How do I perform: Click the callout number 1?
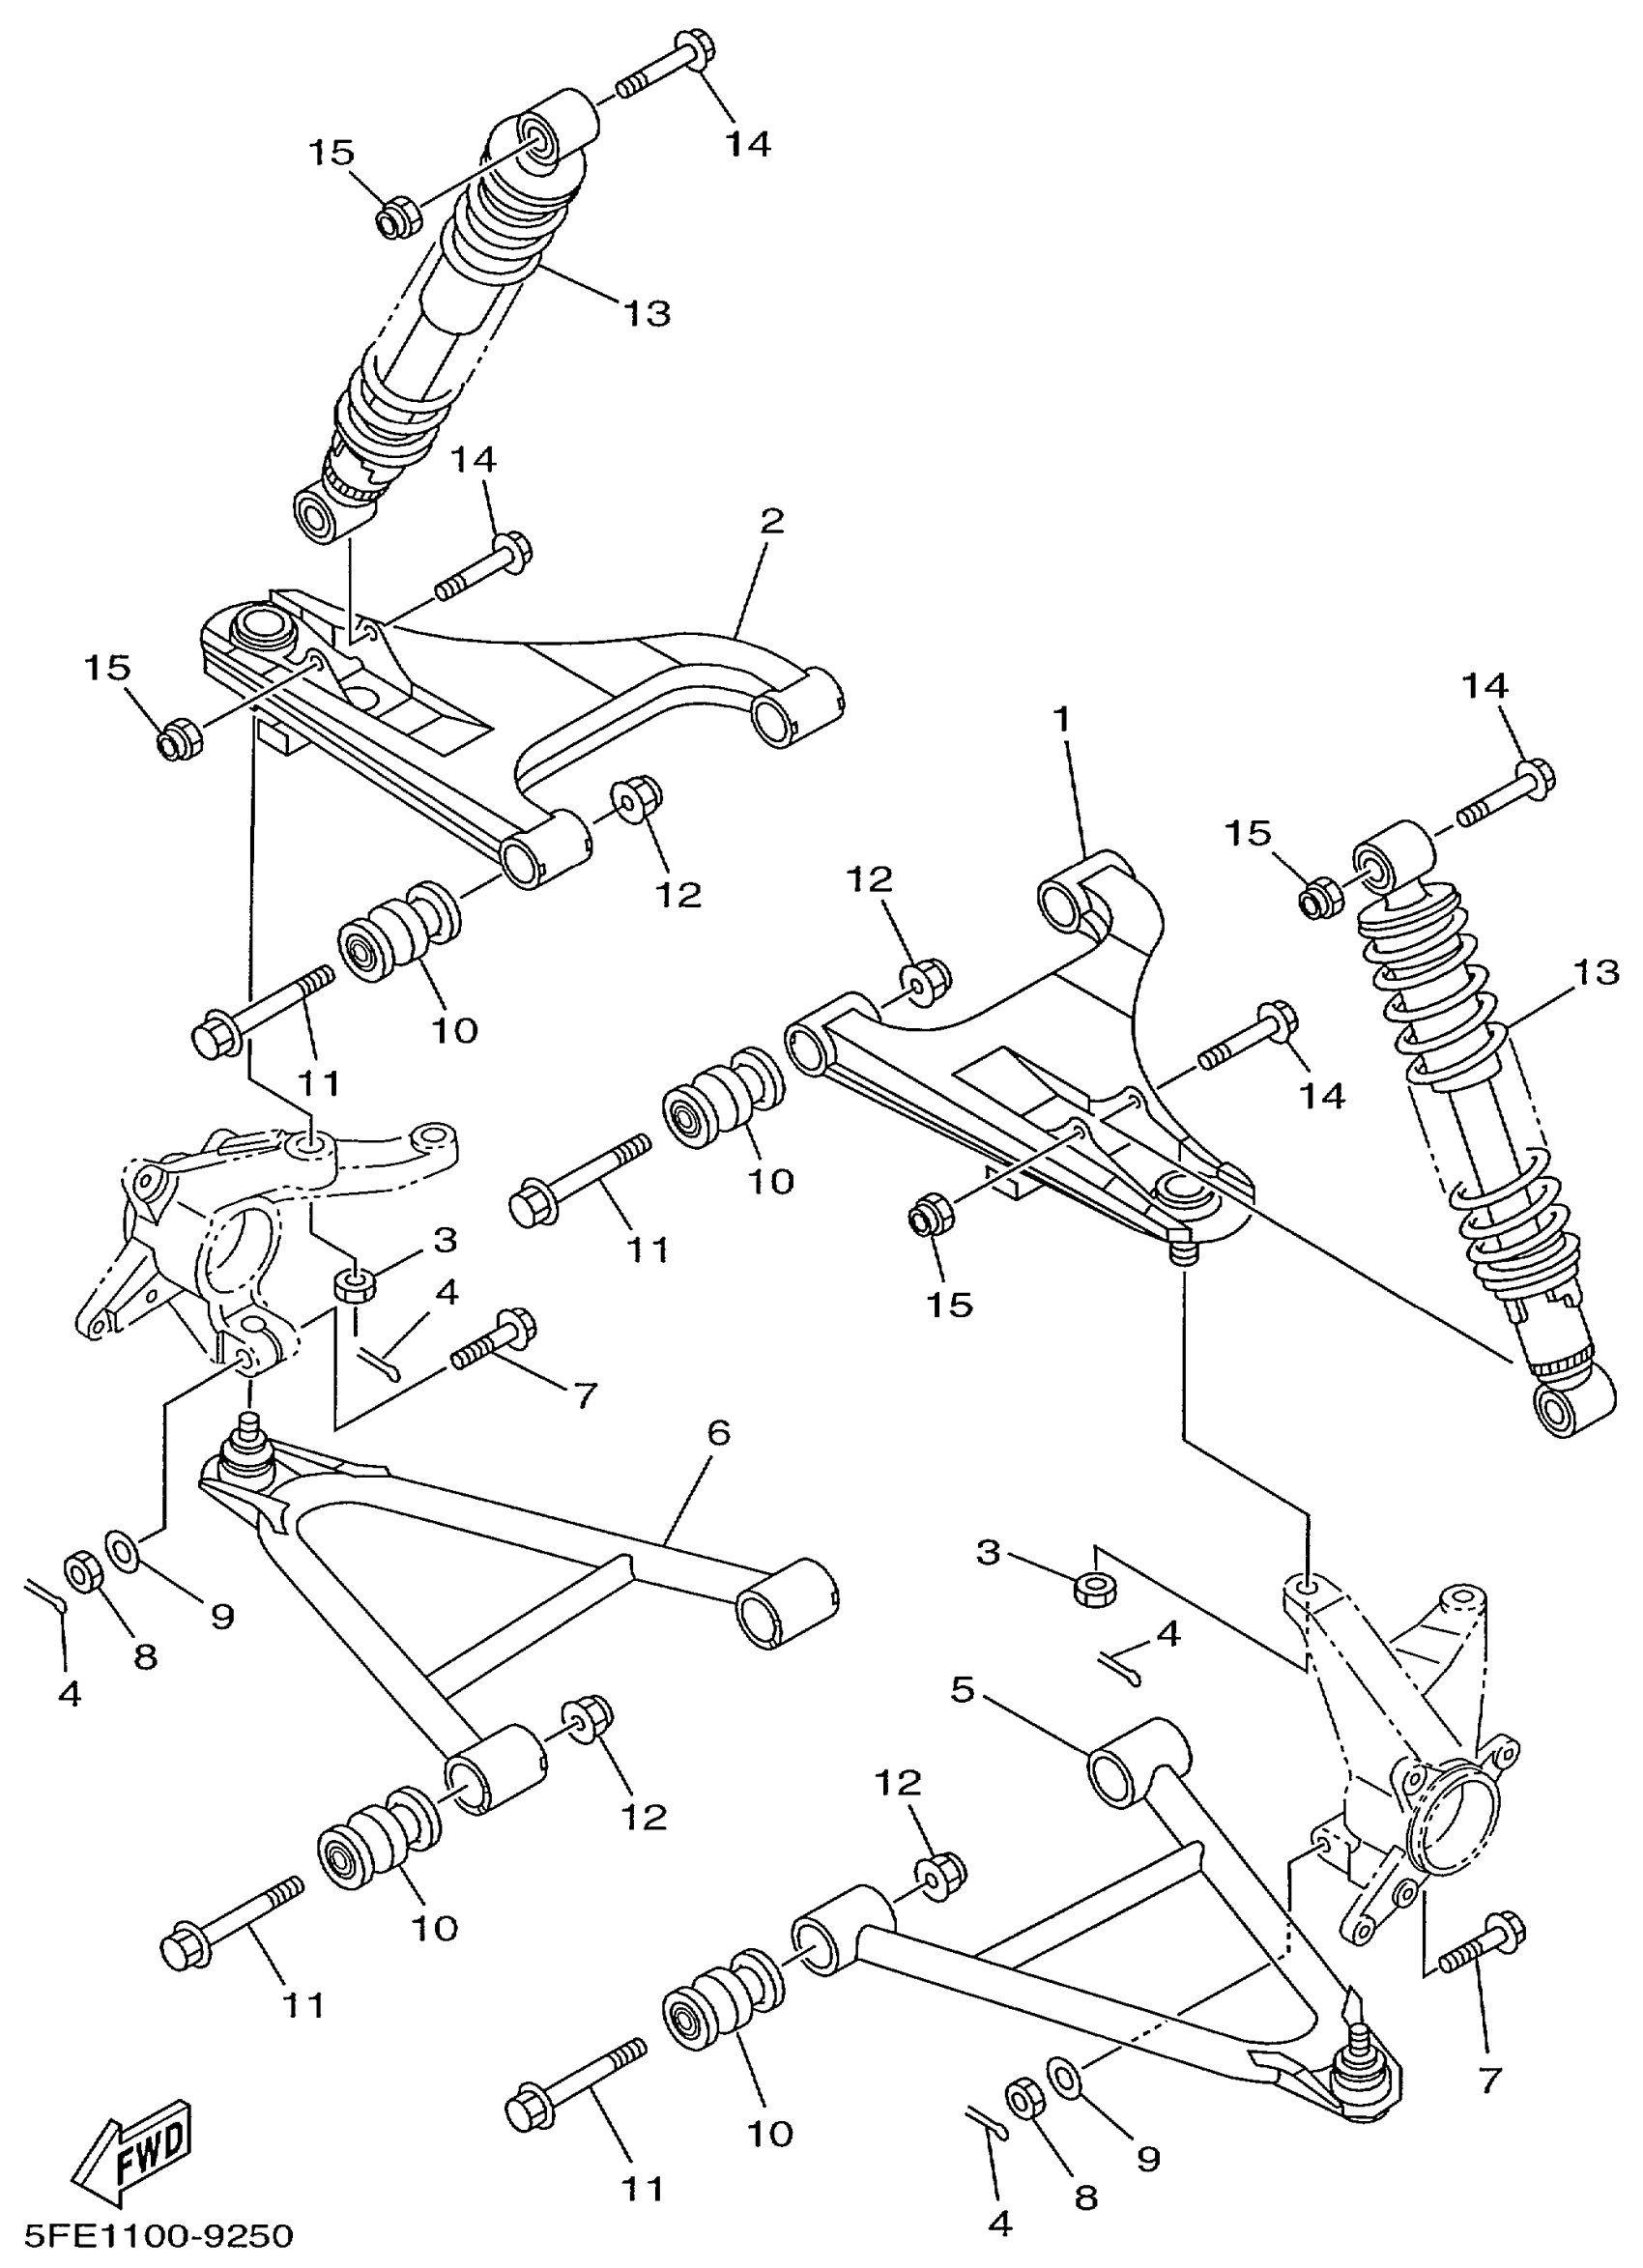[1061, 718]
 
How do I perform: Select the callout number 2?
[771, 521]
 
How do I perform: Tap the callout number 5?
[962, 1691]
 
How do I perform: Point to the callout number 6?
[718, 1432]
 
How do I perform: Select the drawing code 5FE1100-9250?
[160, 2236]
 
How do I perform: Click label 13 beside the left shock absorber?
[646, 313]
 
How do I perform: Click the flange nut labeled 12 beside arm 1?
[928, 979]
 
